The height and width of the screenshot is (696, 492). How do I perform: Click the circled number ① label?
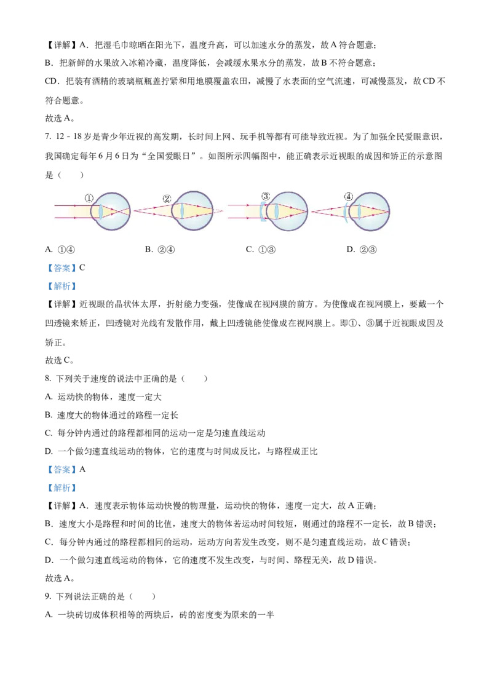[x=89, y=198]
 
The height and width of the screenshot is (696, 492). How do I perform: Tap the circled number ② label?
[x=167, y=199]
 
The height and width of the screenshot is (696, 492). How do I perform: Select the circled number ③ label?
[x=265, y=196]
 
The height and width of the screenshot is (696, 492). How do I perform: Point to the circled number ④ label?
[x=349, y=197]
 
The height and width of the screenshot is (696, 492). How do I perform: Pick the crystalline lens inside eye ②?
[x=182, y=211]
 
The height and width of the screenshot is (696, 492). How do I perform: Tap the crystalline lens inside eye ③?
[x=277, y=211]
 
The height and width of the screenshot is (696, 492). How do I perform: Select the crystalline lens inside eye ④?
[x=359, y=211]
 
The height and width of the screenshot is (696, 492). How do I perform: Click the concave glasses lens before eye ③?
[x=263, y=211]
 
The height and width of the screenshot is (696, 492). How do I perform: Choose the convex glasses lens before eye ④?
[x=347, y=211]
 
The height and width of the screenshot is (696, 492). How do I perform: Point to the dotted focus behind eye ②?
[x=223, y=211]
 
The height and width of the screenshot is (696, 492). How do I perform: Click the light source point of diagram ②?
[x=135, y=211]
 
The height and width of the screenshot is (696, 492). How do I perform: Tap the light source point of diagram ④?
[x=312, y=211]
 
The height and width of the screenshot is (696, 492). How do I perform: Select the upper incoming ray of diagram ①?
[x=71, y=205]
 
